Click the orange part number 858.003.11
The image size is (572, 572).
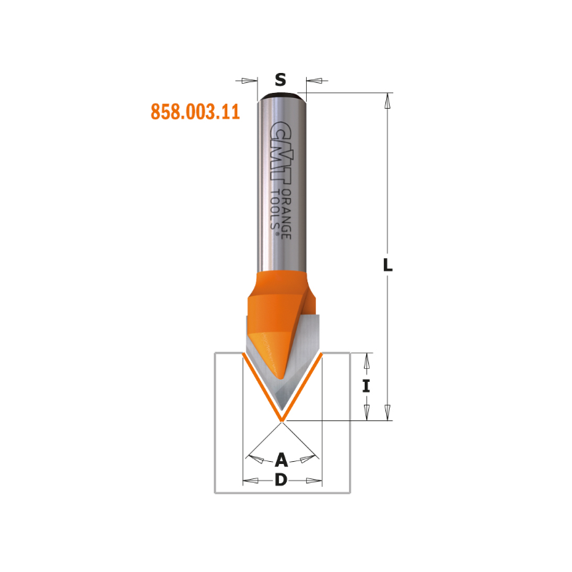195,112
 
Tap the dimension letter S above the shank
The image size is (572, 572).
280,79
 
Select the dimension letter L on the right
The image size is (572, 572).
388,265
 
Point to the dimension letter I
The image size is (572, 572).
366,386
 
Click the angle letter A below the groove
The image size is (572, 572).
281,460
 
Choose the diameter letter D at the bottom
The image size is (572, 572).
281,480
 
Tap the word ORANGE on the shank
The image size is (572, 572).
287,214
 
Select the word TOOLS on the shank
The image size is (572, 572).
275,209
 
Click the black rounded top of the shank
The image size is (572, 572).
282,97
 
